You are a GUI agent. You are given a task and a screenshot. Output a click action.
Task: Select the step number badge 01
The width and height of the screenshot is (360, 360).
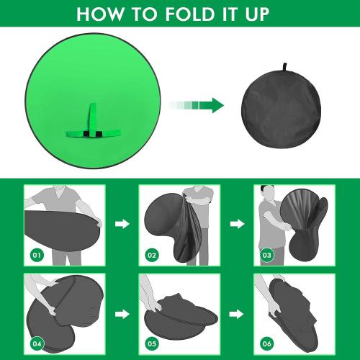[36, 254]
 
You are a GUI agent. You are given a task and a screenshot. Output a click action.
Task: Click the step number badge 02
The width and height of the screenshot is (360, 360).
[151, 254]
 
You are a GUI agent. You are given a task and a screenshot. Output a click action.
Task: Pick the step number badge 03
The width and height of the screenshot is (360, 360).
[266, 254]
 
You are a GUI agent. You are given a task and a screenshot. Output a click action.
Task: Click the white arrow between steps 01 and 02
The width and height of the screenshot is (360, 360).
[122, 225]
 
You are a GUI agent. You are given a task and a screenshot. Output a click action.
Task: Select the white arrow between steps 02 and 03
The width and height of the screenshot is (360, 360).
[237, 225]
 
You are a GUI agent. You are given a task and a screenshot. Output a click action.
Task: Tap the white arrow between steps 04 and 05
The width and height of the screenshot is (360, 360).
[122, 313]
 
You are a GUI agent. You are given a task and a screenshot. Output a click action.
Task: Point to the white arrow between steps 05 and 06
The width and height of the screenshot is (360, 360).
[237, 313]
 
